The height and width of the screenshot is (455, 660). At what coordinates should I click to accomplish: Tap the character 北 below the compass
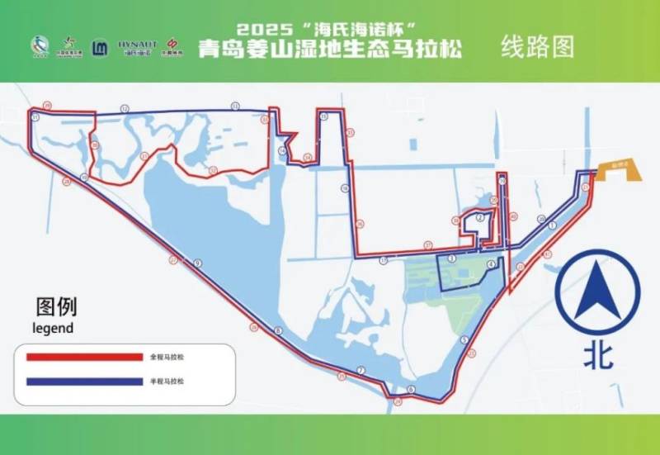pos(598,355)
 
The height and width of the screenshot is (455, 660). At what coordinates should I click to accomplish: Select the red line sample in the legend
pos(84,358)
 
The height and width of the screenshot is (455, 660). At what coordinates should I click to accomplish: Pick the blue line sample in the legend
pos(84,382)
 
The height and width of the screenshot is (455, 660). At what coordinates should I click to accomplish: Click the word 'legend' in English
pos(53,328)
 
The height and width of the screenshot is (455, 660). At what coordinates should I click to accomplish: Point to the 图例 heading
pos(56,307)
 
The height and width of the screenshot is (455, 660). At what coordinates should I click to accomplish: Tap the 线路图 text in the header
pos(538,47)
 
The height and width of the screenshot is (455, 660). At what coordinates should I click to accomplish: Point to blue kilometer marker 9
pos(198,263)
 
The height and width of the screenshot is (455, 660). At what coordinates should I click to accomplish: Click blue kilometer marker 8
pos(279,330)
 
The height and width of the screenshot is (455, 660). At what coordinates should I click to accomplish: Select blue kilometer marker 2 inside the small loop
pos(479,217)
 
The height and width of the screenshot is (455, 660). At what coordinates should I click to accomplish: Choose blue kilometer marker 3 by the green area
pos(451,258)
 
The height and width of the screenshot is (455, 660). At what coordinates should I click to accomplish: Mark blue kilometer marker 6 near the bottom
pos(410,388)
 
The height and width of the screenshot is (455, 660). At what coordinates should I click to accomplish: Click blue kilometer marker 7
pos(361,369)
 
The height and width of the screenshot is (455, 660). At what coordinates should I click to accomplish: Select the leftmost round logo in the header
pos(40,46)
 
